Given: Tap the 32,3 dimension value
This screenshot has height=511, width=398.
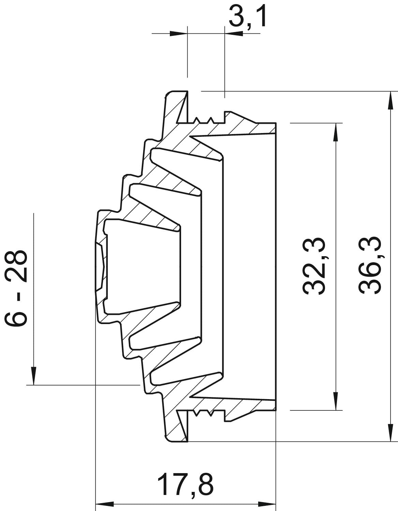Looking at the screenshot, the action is coord(314,266).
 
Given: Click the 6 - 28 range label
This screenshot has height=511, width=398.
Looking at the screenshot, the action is coord(16,288).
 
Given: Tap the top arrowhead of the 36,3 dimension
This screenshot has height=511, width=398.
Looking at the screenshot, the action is coord(390,100).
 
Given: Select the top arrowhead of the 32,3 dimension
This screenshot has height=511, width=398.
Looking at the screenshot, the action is coord(336,132).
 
